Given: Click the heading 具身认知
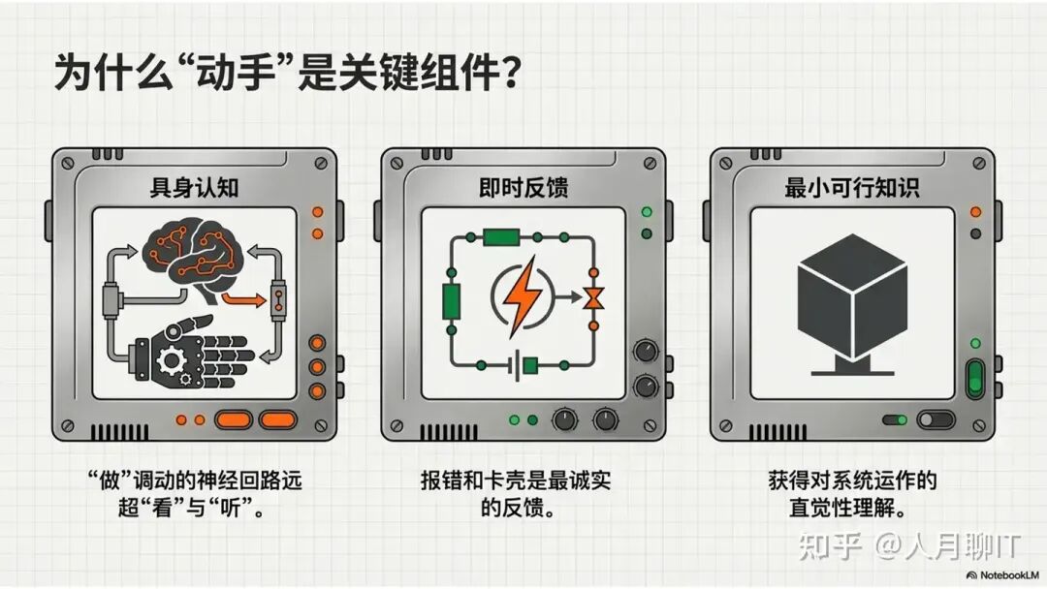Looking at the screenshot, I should point(194,188).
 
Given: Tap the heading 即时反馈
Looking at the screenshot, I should point(523,188).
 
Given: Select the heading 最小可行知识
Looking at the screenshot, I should point(853,188).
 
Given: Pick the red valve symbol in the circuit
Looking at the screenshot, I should point(589,298).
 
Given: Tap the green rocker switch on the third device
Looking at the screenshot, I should point(975,377).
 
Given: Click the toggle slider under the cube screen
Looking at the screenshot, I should point(936,420).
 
